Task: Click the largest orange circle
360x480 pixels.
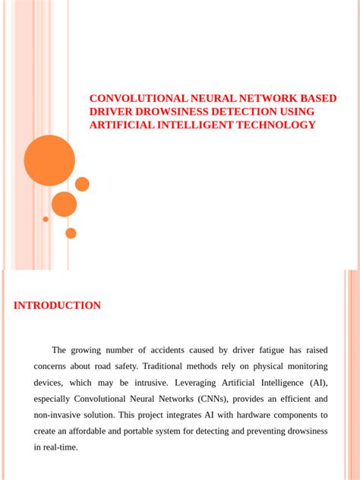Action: coord(49,160)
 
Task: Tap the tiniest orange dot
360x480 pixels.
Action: coord(46,219)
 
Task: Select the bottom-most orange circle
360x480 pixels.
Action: coord(71,233)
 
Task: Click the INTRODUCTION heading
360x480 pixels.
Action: coord(57,305)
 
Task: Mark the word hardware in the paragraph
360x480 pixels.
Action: coord(250,415)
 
